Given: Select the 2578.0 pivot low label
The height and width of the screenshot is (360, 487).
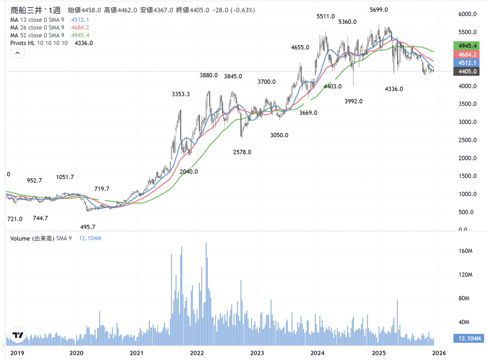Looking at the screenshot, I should [x=242, y=152].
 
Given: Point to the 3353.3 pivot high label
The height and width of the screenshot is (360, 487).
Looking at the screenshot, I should [x=181, y=94].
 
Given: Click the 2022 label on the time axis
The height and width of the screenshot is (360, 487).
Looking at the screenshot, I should [x=197, y=353].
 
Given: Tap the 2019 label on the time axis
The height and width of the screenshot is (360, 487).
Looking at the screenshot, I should [x=17, y=353].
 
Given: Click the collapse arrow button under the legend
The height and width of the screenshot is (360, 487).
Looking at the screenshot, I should [x=17, y=53].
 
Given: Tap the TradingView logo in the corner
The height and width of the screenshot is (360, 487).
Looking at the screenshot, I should [x=18, y=336].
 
